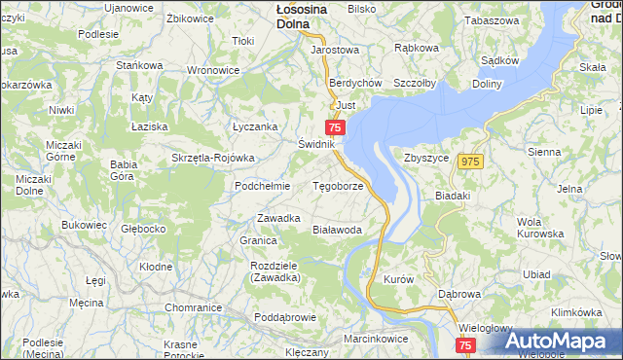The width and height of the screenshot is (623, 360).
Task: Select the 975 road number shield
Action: point(472,162)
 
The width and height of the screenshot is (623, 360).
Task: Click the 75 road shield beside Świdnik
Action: point(336,127)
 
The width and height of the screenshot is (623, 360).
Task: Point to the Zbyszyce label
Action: point(425,158)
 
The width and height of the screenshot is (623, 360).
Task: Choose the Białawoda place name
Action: point(337,230)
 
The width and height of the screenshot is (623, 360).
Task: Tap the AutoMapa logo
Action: point(561,342)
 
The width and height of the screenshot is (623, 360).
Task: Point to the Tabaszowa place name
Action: point(493,20)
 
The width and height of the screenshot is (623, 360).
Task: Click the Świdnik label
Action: point(316,144)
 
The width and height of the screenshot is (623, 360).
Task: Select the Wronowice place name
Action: point(213,70)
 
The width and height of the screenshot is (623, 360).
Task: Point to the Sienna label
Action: point(544,152)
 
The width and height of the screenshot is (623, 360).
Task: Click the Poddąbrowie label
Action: point(285,317)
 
